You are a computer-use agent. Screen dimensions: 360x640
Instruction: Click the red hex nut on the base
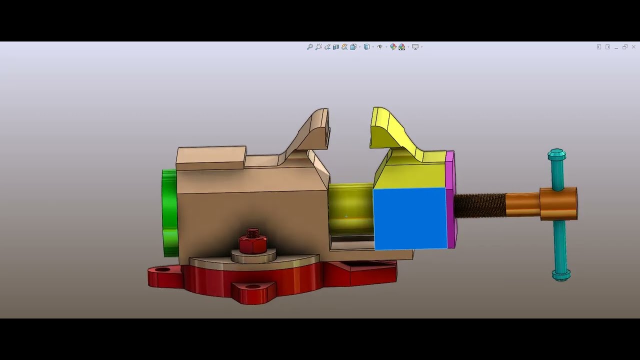(253, 243)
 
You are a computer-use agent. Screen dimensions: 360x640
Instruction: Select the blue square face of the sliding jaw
(410, 218)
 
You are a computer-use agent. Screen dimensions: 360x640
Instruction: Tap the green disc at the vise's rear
(169, 212)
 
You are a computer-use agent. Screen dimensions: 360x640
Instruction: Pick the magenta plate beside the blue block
(451, 200)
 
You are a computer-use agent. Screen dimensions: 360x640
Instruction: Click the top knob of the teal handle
(556, 154)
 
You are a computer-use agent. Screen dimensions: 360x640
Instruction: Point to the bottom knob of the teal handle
(561, 274)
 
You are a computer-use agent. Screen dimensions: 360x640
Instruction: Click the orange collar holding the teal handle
(558, 203)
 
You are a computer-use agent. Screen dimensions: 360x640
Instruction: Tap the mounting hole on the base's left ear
(162, 270)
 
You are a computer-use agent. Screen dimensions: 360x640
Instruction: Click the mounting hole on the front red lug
(254, 287)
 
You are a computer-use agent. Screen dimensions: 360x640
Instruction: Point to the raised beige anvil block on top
(211, 157)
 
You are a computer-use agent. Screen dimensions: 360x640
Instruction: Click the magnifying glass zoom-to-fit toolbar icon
(310, 47)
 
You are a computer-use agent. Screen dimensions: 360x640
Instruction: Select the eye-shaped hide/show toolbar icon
(380, 47)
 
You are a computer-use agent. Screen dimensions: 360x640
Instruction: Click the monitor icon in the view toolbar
(415, 47)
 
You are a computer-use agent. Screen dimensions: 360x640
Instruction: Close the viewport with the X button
(633, 47)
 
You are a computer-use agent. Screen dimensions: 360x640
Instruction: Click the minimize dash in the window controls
(616, 47)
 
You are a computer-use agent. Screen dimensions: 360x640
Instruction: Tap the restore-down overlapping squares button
(625, 47)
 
